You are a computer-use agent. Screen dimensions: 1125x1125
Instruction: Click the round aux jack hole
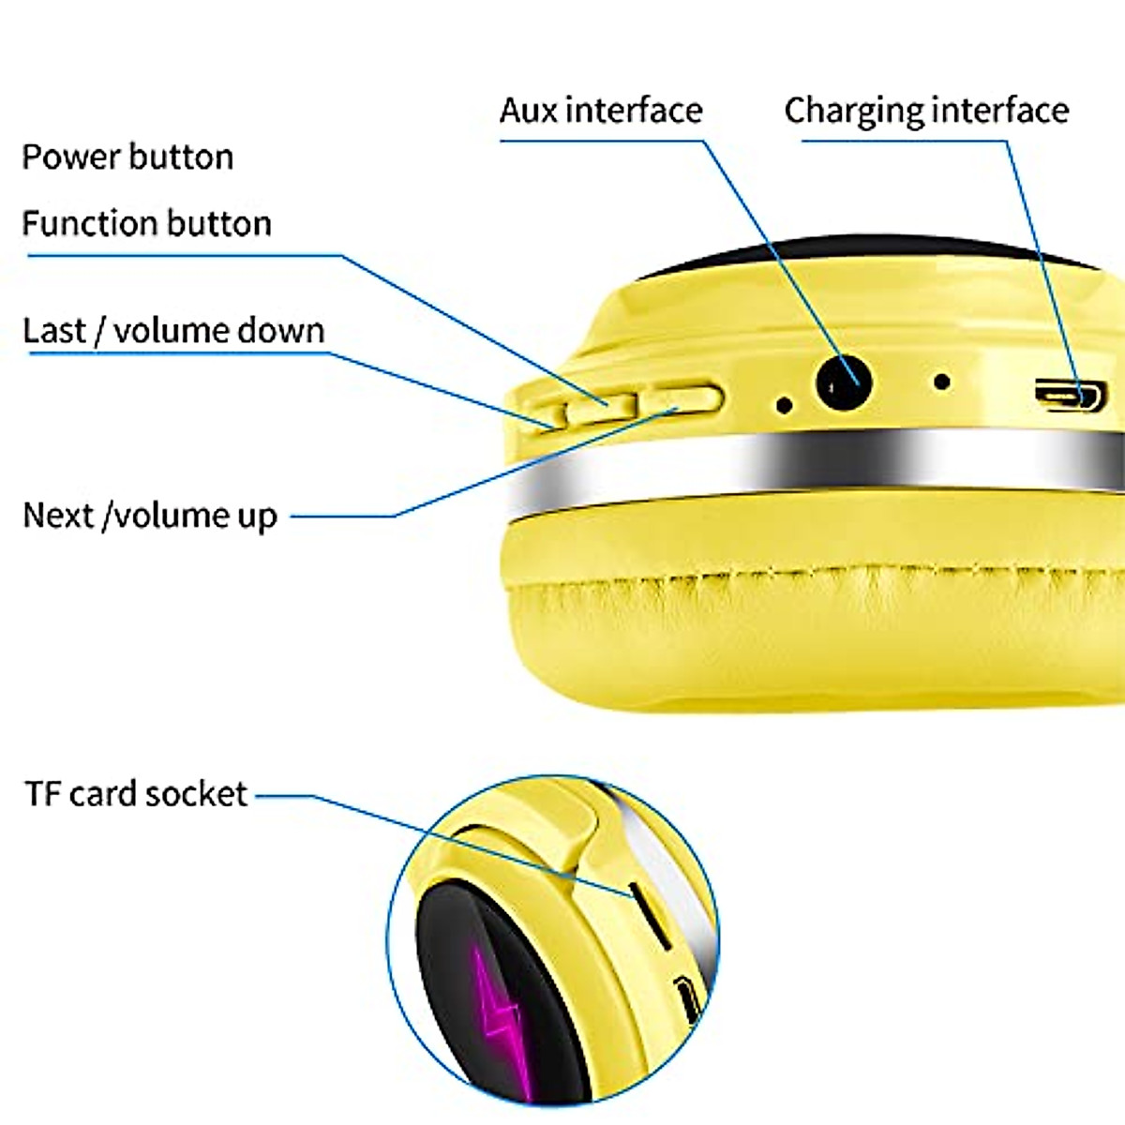pos(844,383)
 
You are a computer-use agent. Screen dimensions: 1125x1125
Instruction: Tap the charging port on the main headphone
pos(1070,395)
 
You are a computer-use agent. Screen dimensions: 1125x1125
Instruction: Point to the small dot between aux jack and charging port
pos(942,382)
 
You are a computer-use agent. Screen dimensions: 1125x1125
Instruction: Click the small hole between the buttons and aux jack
pos(785,405)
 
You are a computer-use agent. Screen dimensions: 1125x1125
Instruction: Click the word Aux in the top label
pos(529,111)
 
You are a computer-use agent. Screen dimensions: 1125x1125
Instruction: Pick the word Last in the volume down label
pos(54,331)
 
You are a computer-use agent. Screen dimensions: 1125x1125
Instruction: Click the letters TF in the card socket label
pos(43,794)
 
